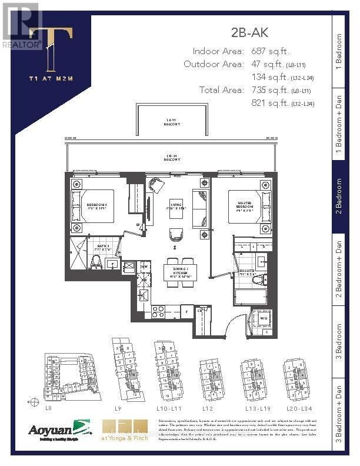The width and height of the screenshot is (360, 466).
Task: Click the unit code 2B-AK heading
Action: coord(250,34)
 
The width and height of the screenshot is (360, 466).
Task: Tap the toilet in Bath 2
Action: coord(97,261)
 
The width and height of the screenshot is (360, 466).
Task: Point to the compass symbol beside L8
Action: coord(29,402)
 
